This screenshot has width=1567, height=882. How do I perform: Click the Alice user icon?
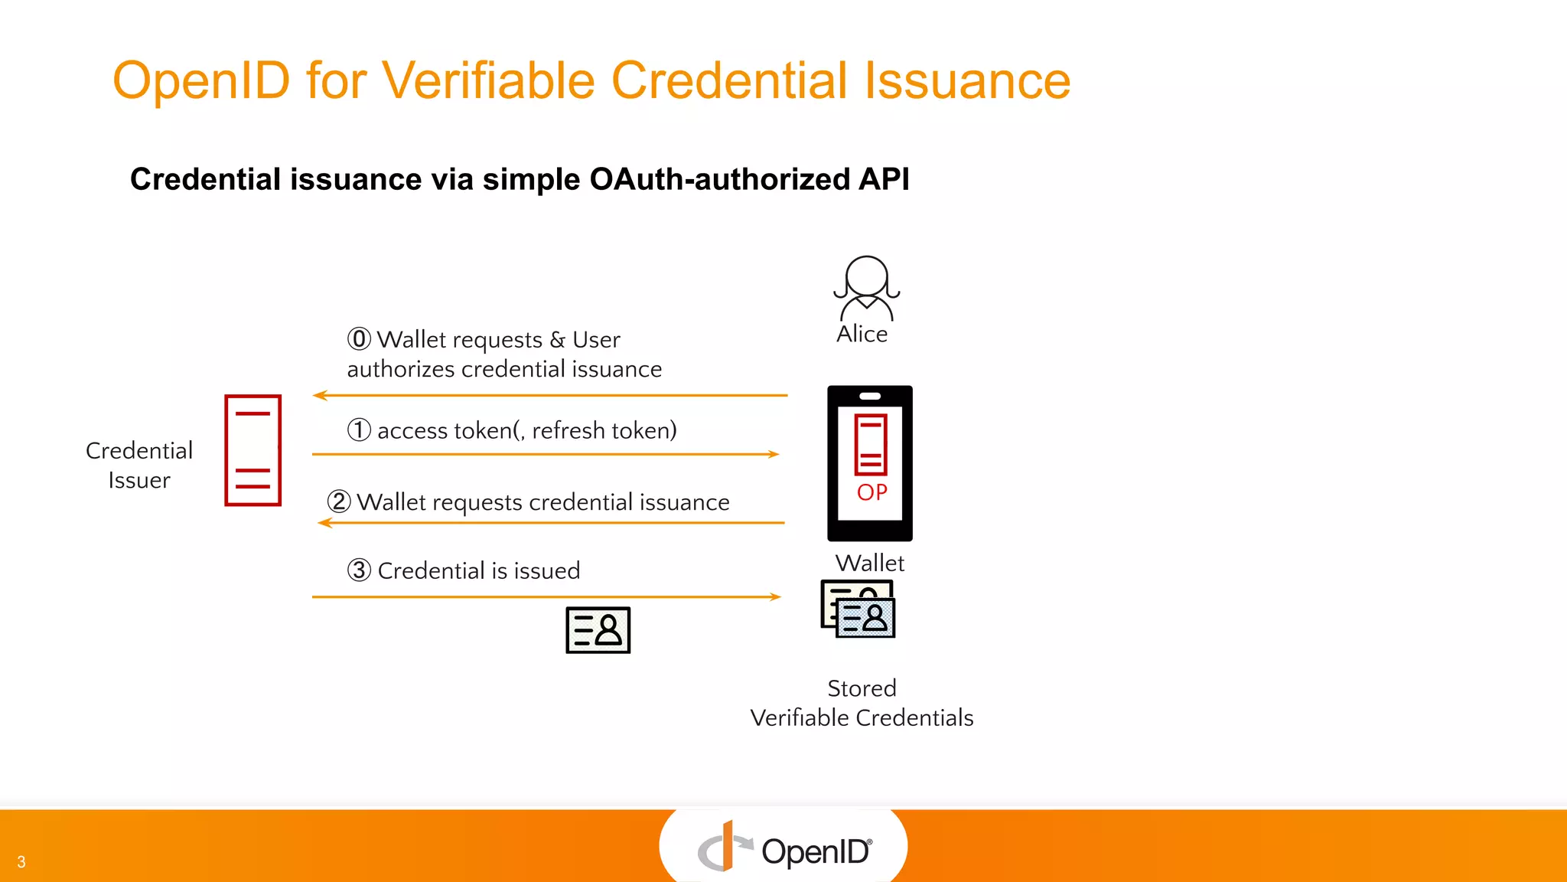(x=866, y=288)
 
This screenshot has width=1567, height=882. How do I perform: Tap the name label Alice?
(x=862, y=335)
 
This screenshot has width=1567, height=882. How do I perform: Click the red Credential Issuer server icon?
(x=252, y=450)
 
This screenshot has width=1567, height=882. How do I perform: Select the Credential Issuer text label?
(x=139, y=465)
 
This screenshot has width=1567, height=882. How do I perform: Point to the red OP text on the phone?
(x=872, y=492)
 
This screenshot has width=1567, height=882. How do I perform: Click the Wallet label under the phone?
(x=870, y=563)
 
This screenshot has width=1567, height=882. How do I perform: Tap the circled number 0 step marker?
(x=359, y=339)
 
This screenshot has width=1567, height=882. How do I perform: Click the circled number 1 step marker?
(x=359, y=430)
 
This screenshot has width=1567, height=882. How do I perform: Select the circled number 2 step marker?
(x=339, y=501)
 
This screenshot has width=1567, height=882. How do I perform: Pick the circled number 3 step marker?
(x=359, y=570)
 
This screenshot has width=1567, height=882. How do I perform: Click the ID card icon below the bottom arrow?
(x=598, y=630)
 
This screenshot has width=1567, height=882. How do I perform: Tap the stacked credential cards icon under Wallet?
(x=858, y=609)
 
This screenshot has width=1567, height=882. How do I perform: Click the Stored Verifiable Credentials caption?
(x=862, y=703)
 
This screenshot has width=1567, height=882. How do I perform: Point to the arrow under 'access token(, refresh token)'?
(x=546, y=454)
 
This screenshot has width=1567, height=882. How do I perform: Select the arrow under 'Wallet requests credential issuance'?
(x=551, y=523)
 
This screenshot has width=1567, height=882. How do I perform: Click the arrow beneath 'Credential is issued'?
(x=546, y=596)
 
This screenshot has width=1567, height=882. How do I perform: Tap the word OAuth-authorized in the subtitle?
(x=719, y=179)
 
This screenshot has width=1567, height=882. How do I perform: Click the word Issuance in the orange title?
(x=967, y=80)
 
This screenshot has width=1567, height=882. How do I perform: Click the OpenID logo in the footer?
(x=783, y=848)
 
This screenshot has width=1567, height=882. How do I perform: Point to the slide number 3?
(x=21, y=862)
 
